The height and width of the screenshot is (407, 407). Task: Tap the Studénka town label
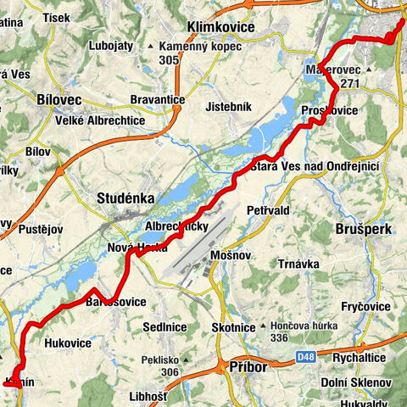pos(125,198)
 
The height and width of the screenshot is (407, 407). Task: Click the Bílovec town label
pos(60,99)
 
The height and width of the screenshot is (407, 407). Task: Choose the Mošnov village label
pos(229,254)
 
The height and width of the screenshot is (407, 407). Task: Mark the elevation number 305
pos(168,59)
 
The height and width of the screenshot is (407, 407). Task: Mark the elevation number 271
pos(350,84)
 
